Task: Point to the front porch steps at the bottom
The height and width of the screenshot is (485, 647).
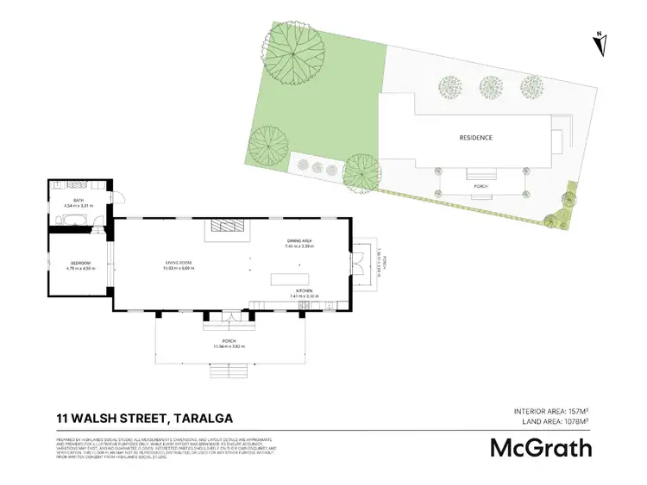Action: tap(229, 372)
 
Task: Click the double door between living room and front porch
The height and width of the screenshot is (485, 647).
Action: tap(229, 318)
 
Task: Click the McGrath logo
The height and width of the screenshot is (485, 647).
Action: tap(541, 448)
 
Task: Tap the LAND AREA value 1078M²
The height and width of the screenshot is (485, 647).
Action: tap(573, 422)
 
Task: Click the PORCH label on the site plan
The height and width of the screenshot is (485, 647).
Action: tap(481, 185)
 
